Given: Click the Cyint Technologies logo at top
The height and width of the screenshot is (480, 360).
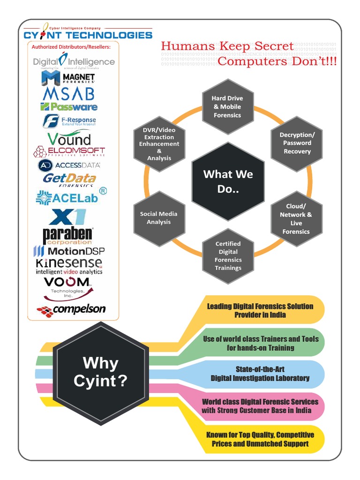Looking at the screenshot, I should coord(88,33).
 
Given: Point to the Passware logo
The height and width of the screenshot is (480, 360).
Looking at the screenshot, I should coord(69,107).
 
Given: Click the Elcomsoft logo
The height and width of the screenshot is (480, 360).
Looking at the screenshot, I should coord(69,151).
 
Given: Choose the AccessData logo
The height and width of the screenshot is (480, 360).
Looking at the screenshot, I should coord(69,165).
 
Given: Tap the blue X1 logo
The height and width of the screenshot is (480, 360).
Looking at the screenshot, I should coord(68,217).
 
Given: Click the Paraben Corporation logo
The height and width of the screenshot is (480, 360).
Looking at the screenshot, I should coord(67,235).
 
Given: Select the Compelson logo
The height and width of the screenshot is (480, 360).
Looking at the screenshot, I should coord(72,310).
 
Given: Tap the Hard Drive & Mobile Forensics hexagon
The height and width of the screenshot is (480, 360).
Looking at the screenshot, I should coord(227,107).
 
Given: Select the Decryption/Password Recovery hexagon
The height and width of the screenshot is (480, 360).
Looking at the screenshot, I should coord(297,143).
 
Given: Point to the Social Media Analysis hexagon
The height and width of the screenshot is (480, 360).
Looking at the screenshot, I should coord(159,218).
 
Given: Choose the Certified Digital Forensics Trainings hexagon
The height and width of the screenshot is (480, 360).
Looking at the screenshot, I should coord(228,256).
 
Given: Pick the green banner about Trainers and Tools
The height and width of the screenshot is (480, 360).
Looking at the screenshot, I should coord(260,343).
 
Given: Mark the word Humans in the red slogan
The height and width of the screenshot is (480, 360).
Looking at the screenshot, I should coord(187,46).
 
